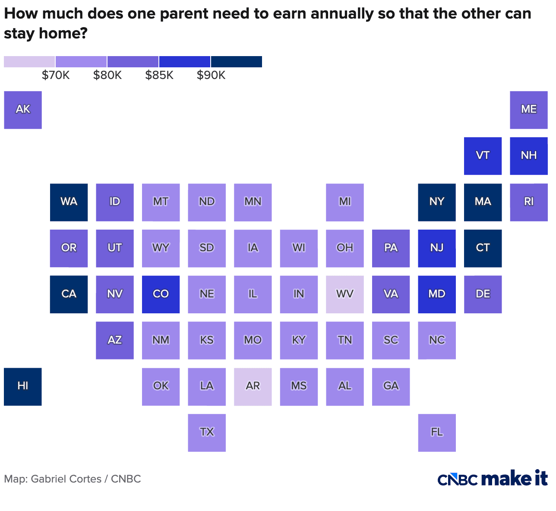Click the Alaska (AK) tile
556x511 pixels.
point(23,110)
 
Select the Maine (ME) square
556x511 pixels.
point(529,110)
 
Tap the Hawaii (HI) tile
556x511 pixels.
point(23,386)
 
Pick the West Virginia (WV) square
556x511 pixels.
point(345,294)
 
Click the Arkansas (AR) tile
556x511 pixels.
point(253,386)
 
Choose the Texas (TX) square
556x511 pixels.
point(207,432)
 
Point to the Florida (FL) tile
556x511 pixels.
point(437,432)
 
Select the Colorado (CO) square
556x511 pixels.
point(161,294)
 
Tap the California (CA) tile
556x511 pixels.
point(69,294)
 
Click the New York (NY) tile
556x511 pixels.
point(437,202)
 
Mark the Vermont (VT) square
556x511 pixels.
point(483,156)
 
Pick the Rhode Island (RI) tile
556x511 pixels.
point(529,202)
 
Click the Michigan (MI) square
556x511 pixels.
point(345,202)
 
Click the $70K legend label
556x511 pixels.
point(56,76)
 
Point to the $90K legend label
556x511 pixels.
point(211,76)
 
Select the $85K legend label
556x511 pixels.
point(159,76)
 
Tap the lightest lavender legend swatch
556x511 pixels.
point(29,62)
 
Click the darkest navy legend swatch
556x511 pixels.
point(236,62)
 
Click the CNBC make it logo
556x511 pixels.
point(493,479)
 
